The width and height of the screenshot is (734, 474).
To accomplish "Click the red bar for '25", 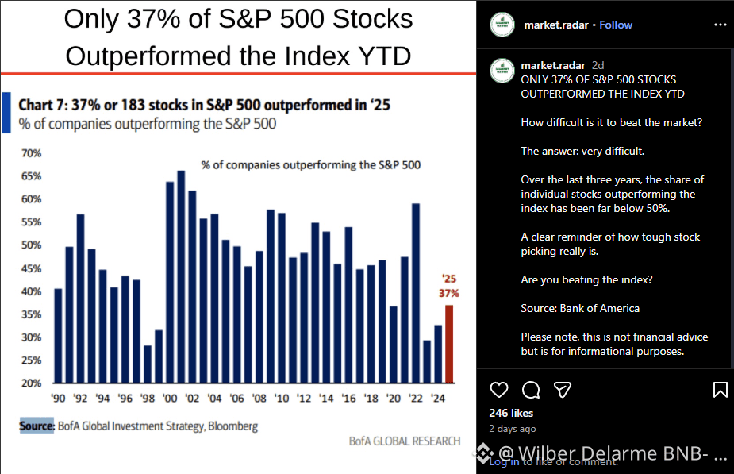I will click(x=448, y=344).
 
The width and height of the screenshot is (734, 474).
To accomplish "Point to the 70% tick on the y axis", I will click(x=31, y=152).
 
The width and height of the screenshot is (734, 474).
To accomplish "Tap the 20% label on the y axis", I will click(x=31, y=383).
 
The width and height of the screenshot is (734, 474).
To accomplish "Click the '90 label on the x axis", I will click(x=58, y=398).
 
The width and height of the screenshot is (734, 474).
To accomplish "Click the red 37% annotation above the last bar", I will click(x=449, y=293).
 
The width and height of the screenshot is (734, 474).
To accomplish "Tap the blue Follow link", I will click(x=616, y=25).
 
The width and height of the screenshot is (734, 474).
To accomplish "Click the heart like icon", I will click(x=499, y=390).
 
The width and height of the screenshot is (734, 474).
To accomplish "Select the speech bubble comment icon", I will click(x=531, y=390).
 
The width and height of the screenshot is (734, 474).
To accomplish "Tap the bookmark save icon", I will click(x=720, y=390).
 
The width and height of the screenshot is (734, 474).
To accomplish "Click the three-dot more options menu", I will click(x=720, y=25).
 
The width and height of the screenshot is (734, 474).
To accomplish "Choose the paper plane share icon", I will click(x=562, y=390).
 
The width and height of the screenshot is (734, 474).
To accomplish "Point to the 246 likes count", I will click(x=511, y=413).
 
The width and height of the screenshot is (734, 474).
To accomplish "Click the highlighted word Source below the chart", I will click(x=37, y=426).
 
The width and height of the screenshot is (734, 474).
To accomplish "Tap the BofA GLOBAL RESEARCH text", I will click(x=405, y=441).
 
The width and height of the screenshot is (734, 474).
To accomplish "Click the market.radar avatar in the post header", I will click(x=501, y=25).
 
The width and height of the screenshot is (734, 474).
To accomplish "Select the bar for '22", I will click(x=415, y=293).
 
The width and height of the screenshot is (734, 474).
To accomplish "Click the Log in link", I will click(x=505, y=461).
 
